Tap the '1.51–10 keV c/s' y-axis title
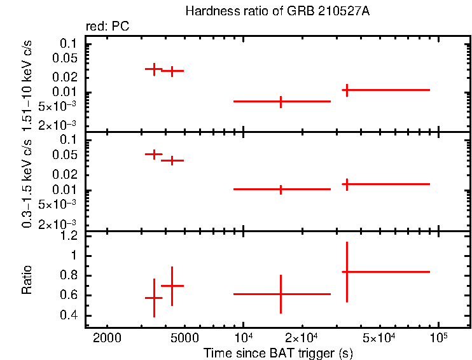click(28, 85)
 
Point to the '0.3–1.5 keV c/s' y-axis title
click(28, 182)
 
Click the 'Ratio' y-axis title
click(28, 280)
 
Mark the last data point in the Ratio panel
click(347, 272)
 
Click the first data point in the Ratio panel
click(154, 298)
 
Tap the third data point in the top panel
click(281, 101)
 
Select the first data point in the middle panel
click(154, 154)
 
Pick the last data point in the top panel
click(347, 90)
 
